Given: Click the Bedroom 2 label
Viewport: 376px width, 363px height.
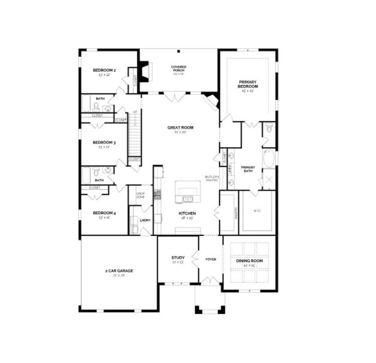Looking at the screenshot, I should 105,70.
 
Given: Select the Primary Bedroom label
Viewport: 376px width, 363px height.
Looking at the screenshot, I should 248,84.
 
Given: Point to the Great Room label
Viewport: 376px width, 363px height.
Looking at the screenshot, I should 180,128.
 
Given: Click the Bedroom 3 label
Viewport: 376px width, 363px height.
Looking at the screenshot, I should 105,143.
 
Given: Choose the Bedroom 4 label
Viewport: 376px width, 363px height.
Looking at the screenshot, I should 105,213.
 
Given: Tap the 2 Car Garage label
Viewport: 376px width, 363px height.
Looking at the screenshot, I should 119,270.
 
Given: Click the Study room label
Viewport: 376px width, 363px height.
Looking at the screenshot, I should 178,258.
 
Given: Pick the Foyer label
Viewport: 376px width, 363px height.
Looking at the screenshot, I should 210,259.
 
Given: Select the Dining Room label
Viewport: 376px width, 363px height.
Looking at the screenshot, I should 249,261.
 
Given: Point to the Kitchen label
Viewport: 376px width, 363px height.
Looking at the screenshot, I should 187,214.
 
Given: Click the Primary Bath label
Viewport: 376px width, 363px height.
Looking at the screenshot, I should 248,169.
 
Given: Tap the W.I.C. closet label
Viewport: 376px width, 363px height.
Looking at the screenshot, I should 256,211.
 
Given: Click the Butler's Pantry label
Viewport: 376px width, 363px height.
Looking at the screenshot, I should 211,178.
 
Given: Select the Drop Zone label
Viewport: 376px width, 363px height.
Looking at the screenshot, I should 140,196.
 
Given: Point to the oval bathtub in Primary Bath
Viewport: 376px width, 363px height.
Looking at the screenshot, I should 269,159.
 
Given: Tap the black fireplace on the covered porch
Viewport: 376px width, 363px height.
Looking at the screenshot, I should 143,71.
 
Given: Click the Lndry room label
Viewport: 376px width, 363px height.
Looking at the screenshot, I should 145,220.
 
